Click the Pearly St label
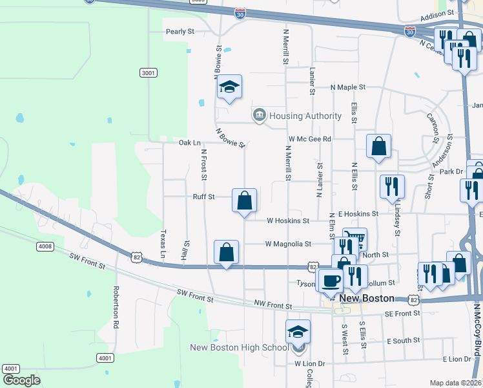180,31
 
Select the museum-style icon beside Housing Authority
259,116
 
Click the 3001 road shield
149,73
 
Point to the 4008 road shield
45,246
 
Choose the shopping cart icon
355,239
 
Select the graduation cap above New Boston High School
298,331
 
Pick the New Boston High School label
239,348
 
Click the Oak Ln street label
189,142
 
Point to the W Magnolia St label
288,244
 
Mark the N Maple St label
348,87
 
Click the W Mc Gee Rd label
310,138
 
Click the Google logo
21,380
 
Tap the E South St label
404,340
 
